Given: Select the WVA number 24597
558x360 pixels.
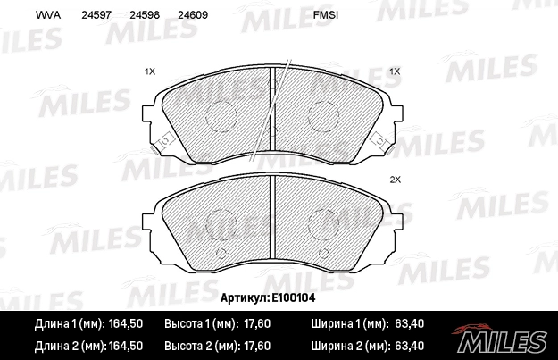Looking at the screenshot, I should click(x=96, y=15).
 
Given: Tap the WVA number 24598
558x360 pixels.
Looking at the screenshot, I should click(x=144, y=15).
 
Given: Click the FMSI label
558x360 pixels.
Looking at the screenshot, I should click(x=326, y=15).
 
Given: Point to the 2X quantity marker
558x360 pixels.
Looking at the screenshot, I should click(x=395, y=180).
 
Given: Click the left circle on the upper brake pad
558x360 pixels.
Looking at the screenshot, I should click(x=220, y=113).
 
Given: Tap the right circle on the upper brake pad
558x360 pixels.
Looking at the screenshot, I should click(x=321, y=113).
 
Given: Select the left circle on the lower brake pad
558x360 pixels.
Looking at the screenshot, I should click(x=220, y=223).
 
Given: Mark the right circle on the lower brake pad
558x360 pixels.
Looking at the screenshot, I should click(x=321, y=223).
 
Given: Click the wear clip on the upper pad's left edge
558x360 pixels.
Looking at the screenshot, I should click(x=164, y=142).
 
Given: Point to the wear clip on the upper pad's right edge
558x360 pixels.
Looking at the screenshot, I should click(x=378, y=141).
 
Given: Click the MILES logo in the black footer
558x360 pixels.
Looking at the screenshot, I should click(x=502, y=339).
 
